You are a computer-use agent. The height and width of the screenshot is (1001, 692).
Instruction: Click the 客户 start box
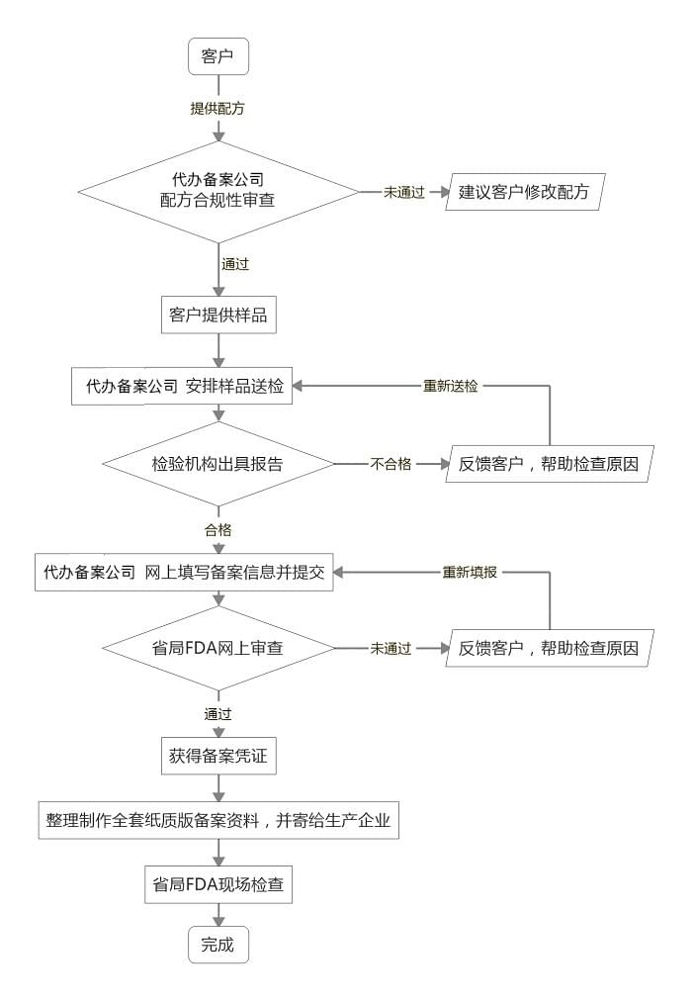pos(217,55)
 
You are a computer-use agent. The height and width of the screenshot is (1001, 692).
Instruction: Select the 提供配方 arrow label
pos(217,108)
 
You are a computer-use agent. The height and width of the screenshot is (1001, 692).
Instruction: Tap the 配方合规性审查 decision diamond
pos(217,191)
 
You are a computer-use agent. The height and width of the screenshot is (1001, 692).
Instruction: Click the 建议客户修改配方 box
pos(524,192)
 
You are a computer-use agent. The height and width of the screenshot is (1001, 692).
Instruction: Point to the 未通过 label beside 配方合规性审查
pos(404,192)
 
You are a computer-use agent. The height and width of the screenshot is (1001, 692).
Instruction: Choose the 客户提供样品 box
pos(217,316)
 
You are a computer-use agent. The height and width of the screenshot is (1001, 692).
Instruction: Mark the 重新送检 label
pos(451,386)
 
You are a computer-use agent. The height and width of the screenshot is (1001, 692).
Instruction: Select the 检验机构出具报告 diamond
pos(217,463)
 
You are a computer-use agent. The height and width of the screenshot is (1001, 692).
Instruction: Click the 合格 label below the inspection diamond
pos(217,529)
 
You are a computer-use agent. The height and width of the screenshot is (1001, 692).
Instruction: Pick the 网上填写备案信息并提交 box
pos(184,572)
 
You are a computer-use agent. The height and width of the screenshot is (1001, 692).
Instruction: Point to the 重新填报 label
pos(470,572)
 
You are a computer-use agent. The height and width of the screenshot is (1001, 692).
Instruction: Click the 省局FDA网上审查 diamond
pos(217,649)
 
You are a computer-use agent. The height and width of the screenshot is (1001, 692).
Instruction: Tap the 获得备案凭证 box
pos(217,757)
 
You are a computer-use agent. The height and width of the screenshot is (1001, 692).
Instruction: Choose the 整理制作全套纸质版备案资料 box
pos(217,820)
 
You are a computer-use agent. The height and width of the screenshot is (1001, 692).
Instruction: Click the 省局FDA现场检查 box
pos(217,884)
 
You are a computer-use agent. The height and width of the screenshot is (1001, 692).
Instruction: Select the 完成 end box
pos(217,945)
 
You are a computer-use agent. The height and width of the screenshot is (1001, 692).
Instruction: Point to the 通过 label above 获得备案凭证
pos(217,712)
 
